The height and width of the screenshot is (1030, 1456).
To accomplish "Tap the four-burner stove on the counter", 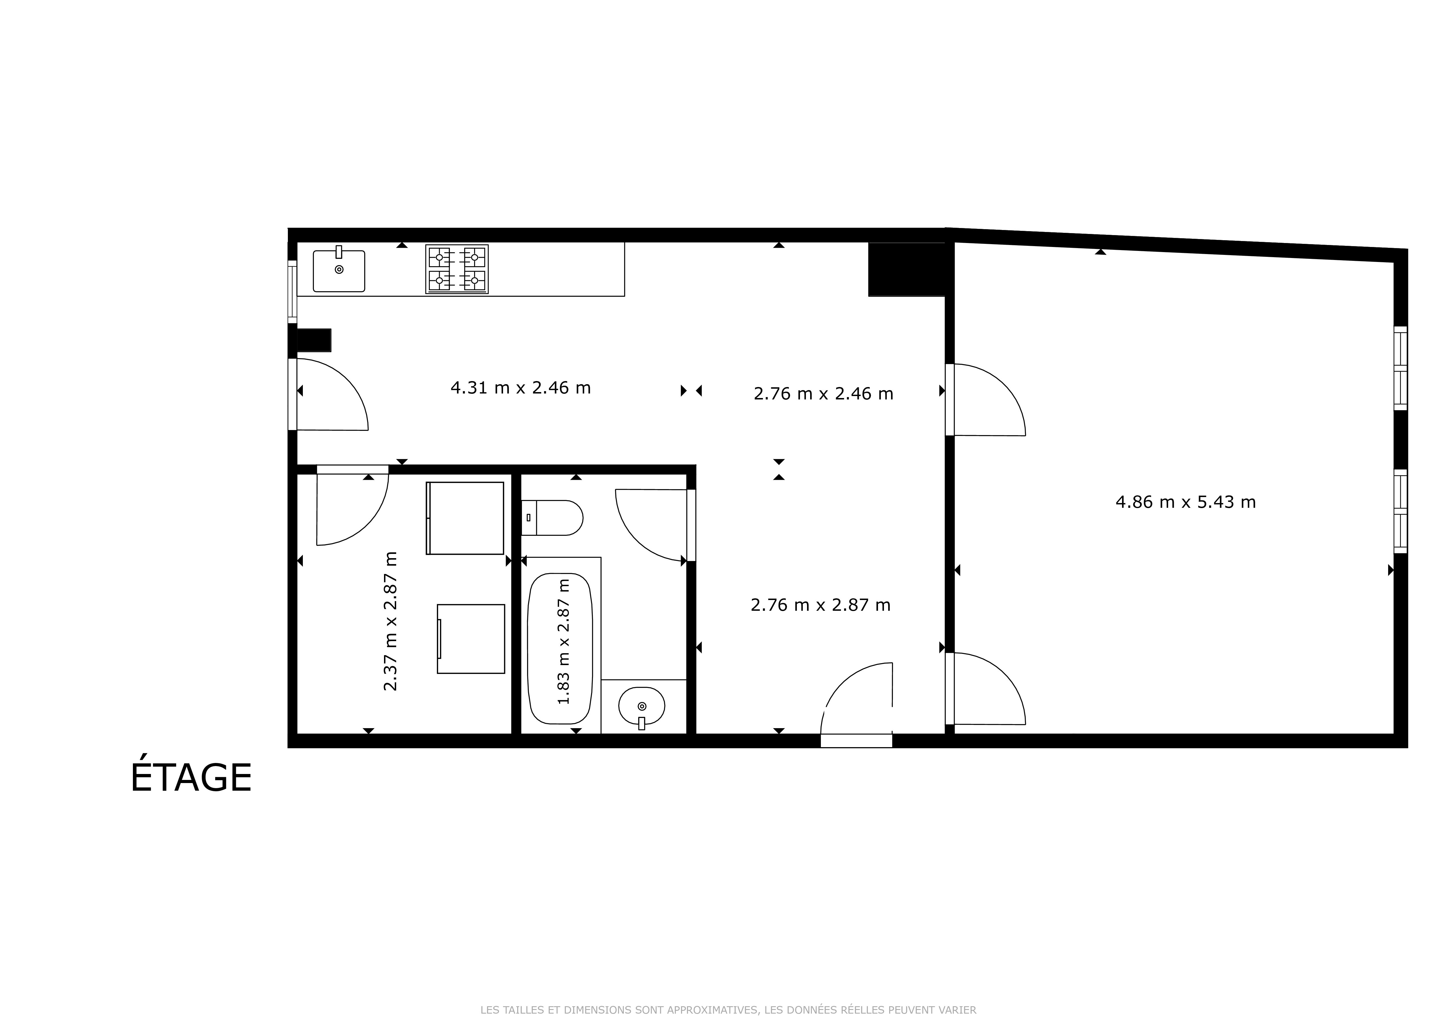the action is click(457, 269).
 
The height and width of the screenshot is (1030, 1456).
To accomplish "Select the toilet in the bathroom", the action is click(552, 517).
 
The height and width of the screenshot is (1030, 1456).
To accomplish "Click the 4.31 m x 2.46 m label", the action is click(521, 388).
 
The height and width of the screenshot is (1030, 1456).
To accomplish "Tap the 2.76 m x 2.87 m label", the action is click(821, 605).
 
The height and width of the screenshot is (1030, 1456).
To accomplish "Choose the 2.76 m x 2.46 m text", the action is click(823, 394).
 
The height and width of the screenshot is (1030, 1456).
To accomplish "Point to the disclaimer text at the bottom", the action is click(728, 1010).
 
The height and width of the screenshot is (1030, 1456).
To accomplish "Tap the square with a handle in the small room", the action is click(471, 639).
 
